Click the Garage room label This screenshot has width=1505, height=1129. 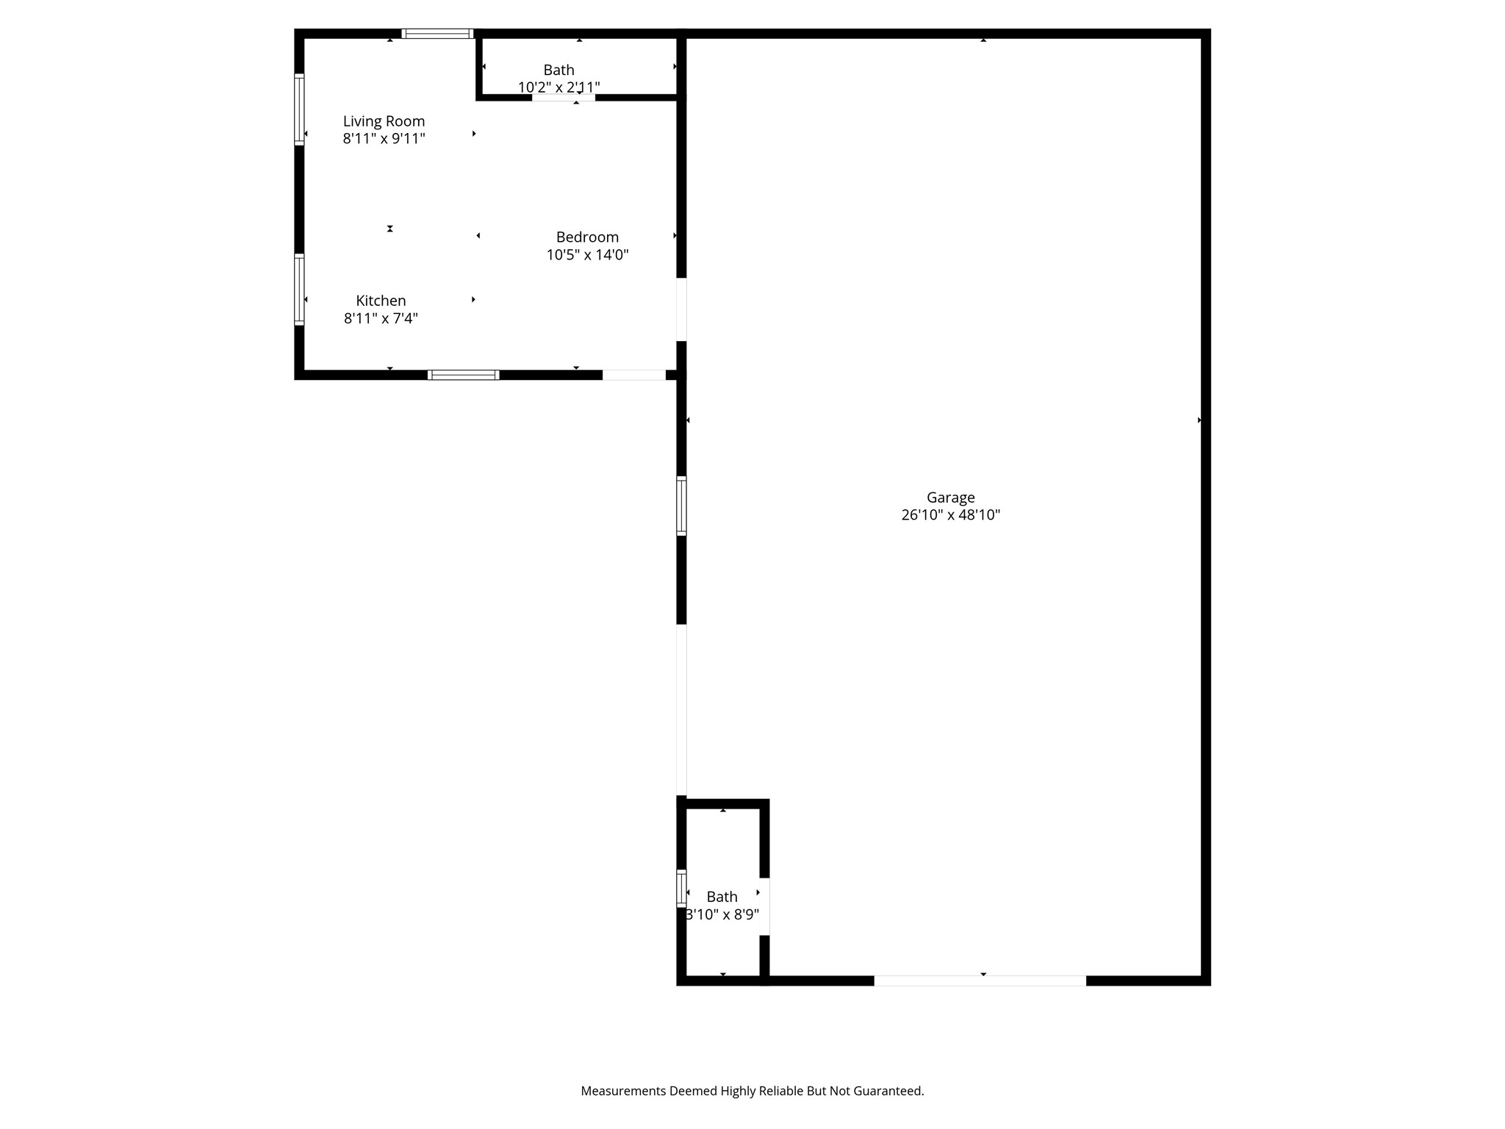[x=950, y=498]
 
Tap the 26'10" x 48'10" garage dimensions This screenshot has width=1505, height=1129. [x=950, y=515]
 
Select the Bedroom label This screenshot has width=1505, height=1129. [x=587, y=237]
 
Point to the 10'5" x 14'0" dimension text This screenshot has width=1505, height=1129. [x=587, y=255]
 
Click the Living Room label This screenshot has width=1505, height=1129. [x=384, y=121]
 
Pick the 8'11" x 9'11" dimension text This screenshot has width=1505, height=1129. [x=384, y=139]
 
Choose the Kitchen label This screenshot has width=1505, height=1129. [x=381, y=301]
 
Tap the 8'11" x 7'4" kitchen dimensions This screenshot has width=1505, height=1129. [x=381, y=318]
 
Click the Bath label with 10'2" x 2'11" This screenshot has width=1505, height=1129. [x=558, y=70]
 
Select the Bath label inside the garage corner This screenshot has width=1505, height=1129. [x=722, y=897]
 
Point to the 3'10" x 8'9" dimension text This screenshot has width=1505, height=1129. [x=722, y=915]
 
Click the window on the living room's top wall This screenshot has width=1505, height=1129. [x=437, y=34]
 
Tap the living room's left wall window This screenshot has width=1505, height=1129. [x=299, y=110]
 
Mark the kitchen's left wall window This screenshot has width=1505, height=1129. [x=299, y=290]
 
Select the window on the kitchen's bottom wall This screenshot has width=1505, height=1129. [x=464, y=375]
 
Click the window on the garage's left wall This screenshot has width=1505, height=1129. [x=681, y=506]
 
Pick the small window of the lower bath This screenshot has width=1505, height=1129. [x=681, y=888]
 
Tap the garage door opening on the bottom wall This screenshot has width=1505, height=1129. [x=980, y=981]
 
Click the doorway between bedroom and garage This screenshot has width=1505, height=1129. [x=681, y=309]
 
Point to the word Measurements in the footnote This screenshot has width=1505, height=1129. [x=622, y=1091]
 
